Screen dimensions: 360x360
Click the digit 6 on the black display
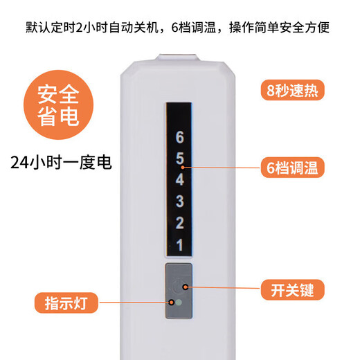click(x=180, y=137)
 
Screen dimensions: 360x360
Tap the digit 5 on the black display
click(x=180, y=159)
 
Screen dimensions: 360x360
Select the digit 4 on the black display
click(x=180, y=179)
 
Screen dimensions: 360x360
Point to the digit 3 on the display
click(x=180, y=201)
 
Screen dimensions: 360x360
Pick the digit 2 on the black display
click(x=180, y=223)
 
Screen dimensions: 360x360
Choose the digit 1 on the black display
click(x=180, y=244)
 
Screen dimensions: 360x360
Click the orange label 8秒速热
click(x=293, y=90)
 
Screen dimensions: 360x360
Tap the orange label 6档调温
click(x=293, y=168)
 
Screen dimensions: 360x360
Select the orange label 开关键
click(x=293, y=290)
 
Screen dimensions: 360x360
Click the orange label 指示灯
click(x=66, y=303)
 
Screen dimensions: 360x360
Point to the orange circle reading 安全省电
click(x=58, y=105)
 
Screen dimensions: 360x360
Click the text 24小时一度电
click(x=61, y=163)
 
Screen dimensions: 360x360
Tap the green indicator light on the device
click(x=179, y=303)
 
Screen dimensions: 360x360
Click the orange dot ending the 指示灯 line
click(x=172, y=303)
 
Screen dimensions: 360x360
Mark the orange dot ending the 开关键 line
click(x=186, y=287)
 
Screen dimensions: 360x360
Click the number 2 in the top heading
click(x=79, y=28)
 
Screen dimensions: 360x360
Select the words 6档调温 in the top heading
click(x=194, y=28)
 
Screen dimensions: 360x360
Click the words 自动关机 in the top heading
click(x=134, y=28)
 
